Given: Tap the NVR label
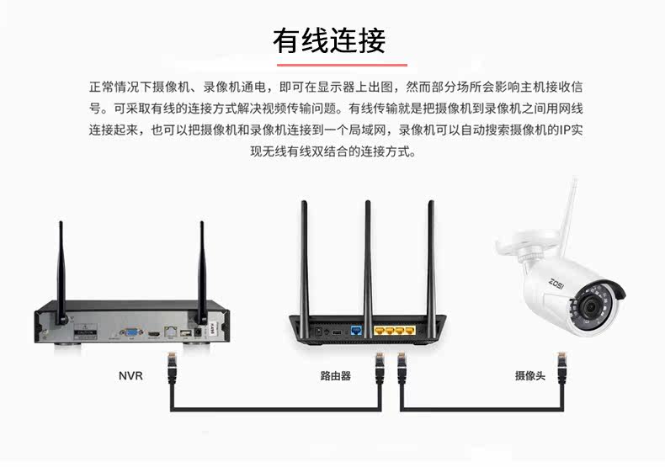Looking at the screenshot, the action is point(130,376).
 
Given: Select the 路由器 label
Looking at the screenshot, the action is point(335,376).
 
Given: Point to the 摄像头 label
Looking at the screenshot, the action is point(529,376).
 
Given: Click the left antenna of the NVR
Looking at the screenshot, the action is point(61,269).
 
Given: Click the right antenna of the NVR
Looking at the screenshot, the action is point(202,269).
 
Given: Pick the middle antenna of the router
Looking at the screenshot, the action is point(368,252).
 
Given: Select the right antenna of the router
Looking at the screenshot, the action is point(431,252).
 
